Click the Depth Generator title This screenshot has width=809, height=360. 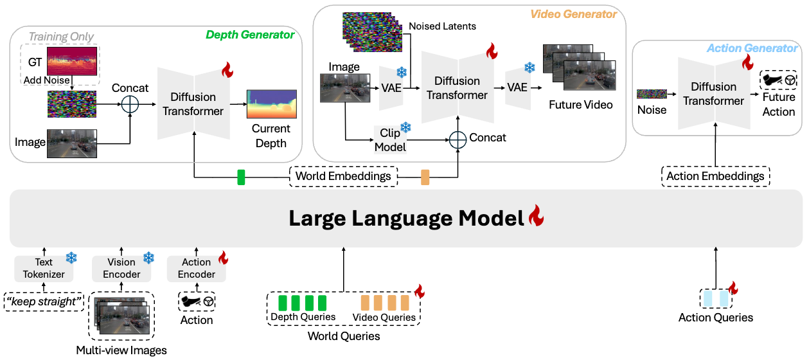pyautogui.click(x=250, y=35)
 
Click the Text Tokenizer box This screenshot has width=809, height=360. pyautogui.click(x=44, y=268)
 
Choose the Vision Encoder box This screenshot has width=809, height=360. pyautogui.click(x=121, y=268)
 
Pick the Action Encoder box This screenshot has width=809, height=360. pyautogui.click(x=196, y=268)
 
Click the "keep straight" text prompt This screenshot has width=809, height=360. pyautogui.click(x=44, y=301)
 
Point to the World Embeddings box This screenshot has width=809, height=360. pyautogui.click(x=343, y=175)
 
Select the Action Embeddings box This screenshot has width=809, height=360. pyautogui.click(x=715, y=175)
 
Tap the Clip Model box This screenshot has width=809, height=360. pyautogui.click(x=390, y=140)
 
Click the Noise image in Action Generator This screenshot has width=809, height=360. pyautogui.click(x=652, y=94)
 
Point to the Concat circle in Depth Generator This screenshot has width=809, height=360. pyautogui.click(x=130, y=104)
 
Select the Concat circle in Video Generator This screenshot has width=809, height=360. pyautogui.click(x=458, y=139)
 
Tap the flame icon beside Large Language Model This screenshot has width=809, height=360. pyautogui.click(x=535, y=219)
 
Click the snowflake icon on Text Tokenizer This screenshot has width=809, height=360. pyautogui.click(x=71, y=258)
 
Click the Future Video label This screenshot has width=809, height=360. pyautogui.click(x=580, y=105)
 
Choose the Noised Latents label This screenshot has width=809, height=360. pyautogui.click(x=442, y=26)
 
